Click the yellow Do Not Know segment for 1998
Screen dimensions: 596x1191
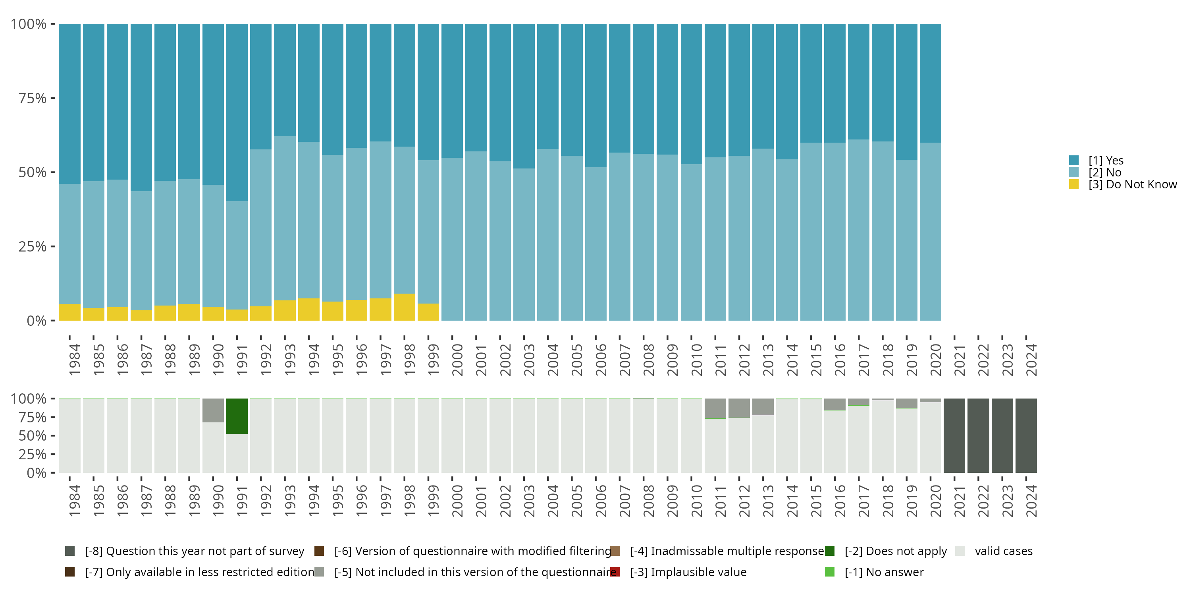[404, 307]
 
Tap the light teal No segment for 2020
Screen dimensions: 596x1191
[930, 231]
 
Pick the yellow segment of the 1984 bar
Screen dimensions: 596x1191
[69, 312]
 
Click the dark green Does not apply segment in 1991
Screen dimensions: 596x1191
[237, 416]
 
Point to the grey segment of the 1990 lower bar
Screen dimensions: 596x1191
[213, 410]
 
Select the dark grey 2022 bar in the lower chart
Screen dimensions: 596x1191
[978, 435]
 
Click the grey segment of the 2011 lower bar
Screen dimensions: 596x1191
[715, 408]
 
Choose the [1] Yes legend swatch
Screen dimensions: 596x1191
[1074, 161]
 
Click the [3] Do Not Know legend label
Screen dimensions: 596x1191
[1132, 184]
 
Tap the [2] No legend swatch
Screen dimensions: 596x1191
[1074, 172]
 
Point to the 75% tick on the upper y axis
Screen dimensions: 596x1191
[53, 98]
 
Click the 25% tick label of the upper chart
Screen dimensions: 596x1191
[33, 247]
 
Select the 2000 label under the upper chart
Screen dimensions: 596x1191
[457, 360]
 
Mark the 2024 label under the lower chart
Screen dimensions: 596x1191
[1031, 501]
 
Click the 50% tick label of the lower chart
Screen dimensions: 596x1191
[33, 436]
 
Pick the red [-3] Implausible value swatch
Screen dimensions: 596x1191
[615, 572]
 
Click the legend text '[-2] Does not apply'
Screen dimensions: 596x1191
[896, 551]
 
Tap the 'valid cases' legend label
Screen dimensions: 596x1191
[1003, 551]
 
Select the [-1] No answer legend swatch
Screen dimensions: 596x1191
[830, 572]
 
